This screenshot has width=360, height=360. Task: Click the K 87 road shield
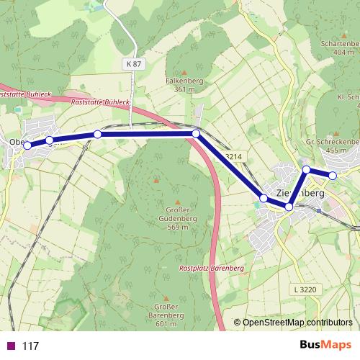click(134, 64)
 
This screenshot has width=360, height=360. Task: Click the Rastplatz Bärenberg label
click(211, 268)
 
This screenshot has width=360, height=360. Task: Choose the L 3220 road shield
click(306, 289)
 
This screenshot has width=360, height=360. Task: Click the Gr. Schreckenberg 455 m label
click(333, 147)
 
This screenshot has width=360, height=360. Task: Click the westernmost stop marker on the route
click(27, 145)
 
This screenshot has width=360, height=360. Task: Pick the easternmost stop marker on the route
click(333, 175)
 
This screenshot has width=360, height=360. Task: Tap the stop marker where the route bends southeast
click(196, 133)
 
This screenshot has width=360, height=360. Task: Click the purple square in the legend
click(10, 346)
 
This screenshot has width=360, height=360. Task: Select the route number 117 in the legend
click(30, 346)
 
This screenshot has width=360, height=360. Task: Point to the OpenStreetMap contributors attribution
click(293, 323)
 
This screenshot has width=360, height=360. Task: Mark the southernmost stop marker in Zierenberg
click(289, 207)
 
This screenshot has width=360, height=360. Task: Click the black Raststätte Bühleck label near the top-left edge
click(25, 94)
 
